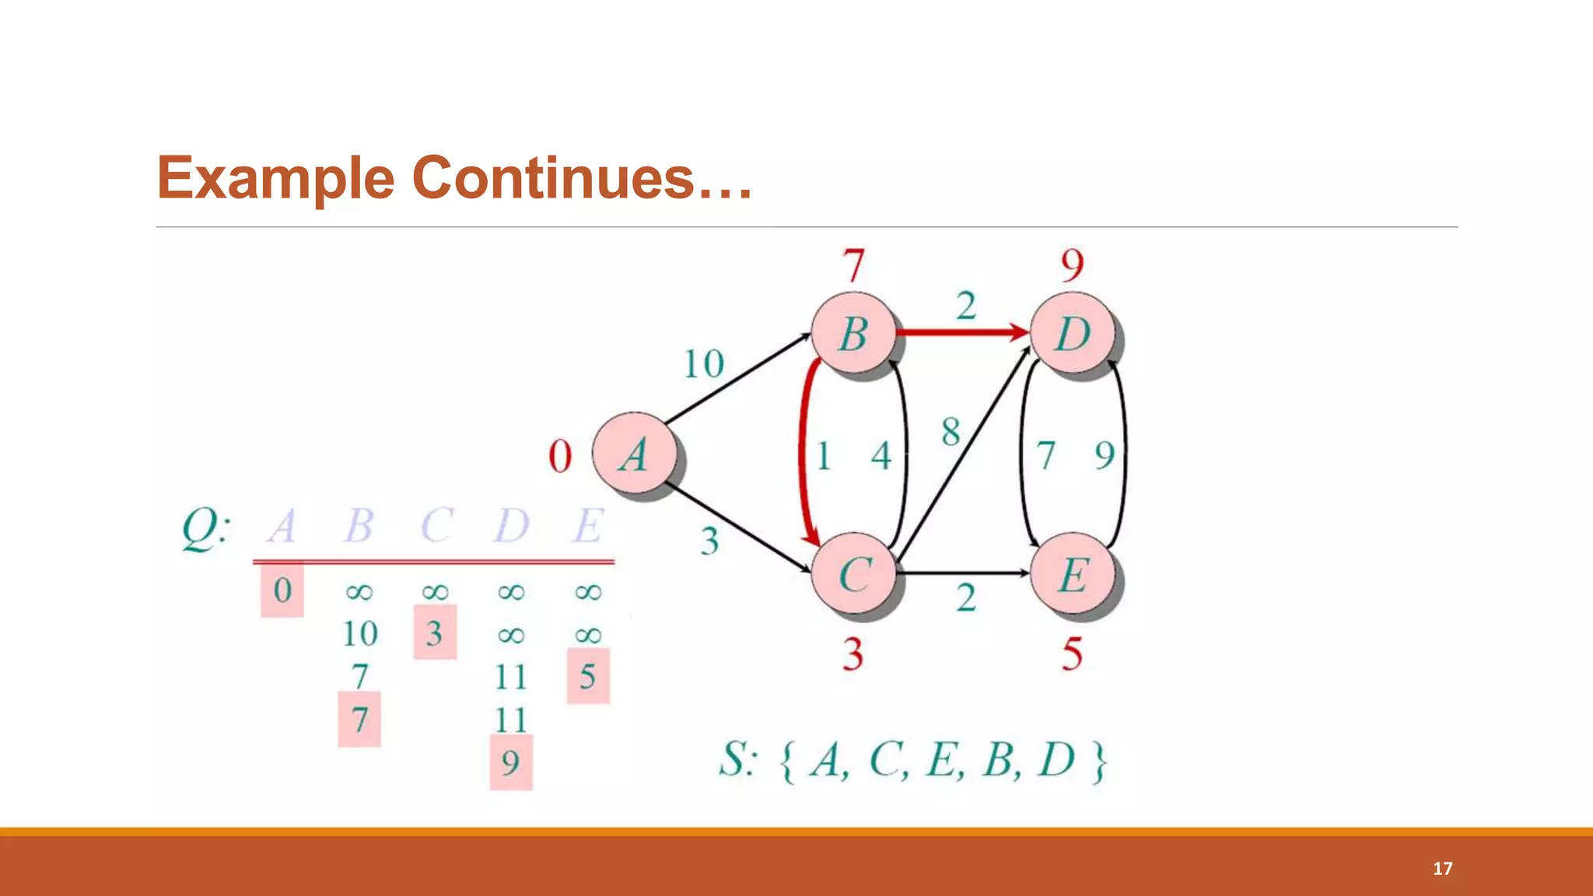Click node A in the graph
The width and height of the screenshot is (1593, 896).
[x=634, y=453]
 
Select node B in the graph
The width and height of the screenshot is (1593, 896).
[x=853, y=334]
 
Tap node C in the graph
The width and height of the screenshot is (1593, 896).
[x=854, y=575]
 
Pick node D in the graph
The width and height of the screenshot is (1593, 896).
[x=1073, y=334]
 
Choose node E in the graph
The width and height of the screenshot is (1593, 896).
[x=1073, y=575]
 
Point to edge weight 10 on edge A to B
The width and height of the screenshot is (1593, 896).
[x=703, y=364]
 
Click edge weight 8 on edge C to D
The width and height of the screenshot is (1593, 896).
[x=951, y=432]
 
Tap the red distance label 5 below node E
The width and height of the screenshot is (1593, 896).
[x=1072, y=653]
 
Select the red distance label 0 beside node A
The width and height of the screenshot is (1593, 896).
[x=560, y=456]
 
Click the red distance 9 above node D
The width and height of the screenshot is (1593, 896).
[x=1072, y=266]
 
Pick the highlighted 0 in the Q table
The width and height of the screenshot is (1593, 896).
[x=282, y=590]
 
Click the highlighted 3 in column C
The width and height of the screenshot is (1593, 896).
[x=434, y=633]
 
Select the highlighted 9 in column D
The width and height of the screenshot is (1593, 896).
[x=510, y=762]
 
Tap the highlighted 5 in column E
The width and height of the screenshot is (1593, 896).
[x=587, y=677]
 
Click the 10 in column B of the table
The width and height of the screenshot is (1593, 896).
[x=360, y=634]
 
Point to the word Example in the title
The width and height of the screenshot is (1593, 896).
[x=276, y=177]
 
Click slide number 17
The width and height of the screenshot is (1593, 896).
[x=1442, y=868]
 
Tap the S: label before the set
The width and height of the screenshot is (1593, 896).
[x=736, y=759]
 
